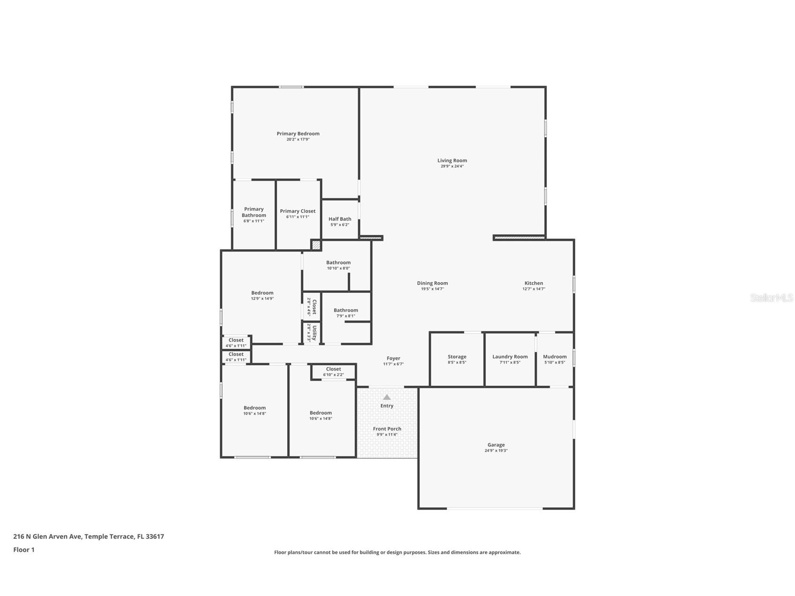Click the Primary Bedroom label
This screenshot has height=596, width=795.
(x=298, y=134)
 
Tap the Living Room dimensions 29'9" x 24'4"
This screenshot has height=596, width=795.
(x=452, y=166)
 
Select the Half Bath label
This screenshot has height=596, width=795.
(x=340, y=219)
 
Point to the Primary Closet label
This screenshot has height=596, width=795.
(x=297, y=211)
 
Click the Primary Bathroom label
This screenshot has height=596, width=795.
(x=254, y=212)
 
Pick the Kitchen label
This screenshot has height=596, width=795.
(x=534, y=283)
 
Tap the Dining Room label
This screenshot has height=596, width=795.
(x=432, y=283)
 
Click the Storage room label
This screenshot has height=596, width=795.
(x=457, y=357)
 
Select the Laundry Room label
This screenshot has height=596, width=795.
(x=510, y=357)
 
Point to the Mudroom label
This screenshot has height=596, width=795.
(x=555, y=357)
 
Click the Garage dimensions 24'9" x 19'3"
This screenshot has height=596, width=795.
(x=496, y=451)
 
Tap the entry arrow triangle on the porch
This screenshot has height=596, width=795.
(x=387, y=397)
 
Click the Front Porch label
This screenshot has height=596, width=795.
(x=387, y=429)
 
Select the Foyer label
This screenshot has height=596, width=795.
(x=394, y=358)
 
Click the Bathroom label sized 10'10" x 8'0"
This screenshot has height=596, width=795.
(x=338, y=262)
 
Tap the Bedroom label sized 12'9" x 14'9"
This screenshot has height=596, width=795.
(x=262, y=293)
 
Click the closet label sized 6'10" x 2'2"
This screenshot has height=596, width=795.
(x=334, y=369)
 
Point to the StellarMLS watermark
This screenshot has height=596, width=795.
(x=772, y=298)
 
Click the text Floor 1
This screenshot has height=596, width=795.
(x=24, y=550)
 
